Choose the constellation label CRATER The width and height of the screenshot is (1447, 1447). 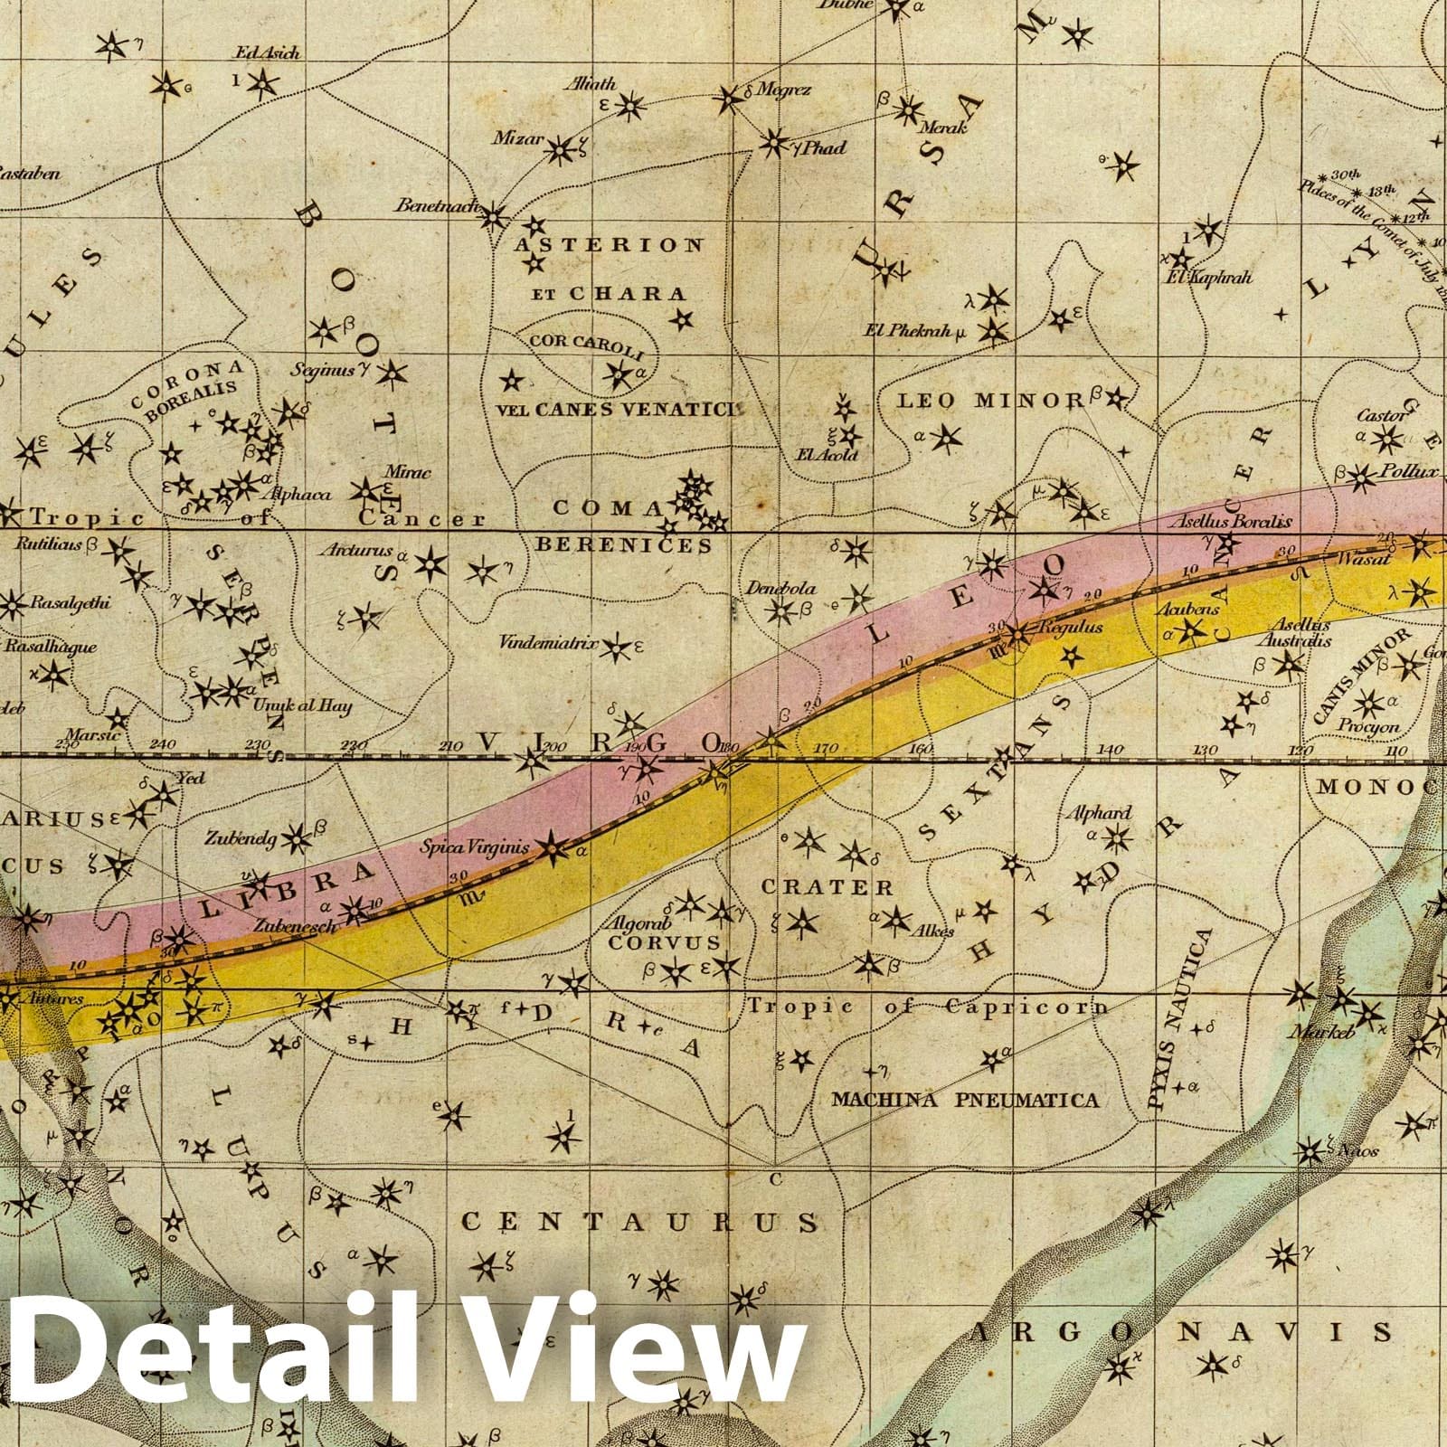(827, 887)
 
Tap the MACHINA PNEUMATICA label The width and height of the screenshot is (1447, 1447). (965, 1100)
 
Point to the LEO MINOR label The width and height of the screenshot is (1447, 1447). (989, 400)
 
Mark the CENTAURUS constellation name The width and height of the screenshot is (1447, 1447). (640, 1223)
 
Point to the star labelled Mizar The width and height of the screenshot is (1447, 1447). (563, 148)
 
